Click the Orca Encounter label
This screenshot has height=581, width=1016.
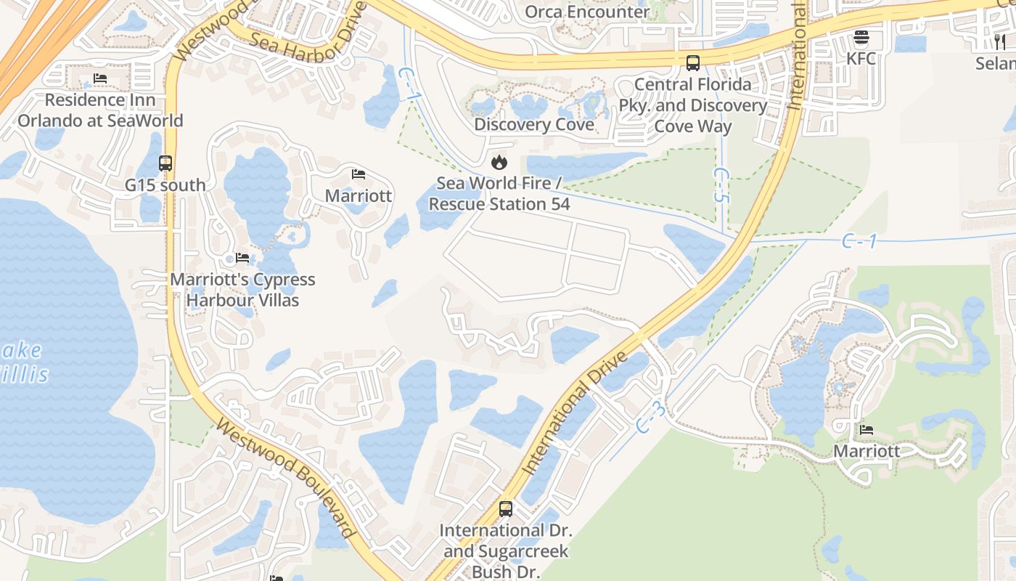[x=587, y=12]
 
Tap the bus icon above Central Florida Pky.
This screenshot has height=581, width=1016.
[x=693, y=62]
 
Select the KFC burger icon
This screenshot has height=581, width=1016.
[x=861, y=37]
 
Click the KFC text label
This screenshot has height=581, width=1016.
[x=861, y=58]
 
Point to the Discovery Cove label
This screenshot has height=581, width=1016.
[x=533, y=124]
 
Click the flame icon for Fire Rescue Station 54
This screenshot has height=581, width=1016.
[x=499, y=162]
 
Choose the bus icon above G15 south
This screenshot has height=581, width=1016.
[x=165, y=163]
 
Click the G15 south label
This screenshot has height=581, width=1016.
[x=165, y=185]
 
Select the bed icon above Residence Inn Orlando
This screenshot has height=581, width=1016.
[x=100, y=78]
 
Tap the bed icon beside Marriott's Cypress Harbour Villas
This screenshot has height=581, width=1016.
[x=242, y=258]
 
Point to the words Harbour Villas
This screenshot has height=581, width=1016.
[x=243, y=300]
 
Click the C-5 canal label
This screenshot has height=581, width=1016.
[x=721, y=186]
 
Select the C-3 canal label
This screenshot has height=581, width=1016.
[x=651, y=418]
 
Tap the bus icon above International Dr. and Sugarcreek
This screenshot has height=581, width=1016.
[x=506, y=509]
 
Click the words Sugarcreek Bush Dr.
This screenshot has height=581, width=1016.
[x=506, y=561]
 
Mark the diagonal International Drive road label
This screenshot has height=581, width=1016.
[x=575, y=414]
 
